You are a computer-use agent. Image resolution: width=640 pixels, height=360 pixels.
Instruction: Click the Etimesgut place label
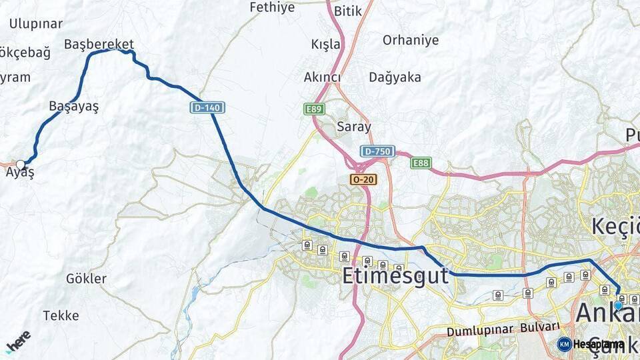pyautogui.click(x=395, y=275)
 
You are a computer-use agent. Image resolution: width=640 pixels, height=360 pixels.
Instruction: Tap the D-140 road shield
pyautogui.click(x=207, y=107)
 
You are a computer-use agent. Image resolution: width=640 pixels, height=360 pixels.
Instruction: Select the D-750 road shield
pyautogui.click(x=377, y=151)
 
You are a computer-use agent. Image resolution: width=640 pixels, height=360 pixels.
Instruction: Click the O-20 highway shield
pyautogui.click(x=363, y=179)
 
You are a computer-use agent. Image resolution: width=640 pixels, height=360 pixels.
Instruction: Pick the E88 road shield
pyautogui.click(x=421, y=163)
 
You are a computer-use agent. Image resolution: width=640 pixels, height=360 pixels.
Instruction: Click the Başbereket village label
pyautogui.click(x=99, y=45)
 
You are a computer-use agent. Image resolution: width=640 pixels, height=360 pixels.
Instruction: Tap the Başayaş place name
pyautogui.click(x=73, y=106)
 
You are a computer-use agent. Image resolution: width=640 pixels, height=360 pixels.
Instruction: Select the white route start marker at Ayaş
pyautogui.click(x=21, y=164)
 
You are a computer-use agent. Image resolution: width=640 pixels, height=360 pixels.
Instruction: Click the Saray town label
pyautogui.click(x=354, y=127)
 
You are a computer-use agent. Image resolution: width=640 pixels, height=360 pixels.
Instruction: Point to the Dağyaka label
pyautogui.click(x=395, y=77)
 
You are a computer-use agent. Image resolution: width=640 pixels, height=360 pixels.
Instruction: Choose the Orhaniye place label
pyautogui.click(x=411, y=40)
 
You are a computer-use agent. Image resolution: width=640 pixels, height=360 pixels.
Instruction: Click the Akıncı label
pyautogui.click(x=322, y=77)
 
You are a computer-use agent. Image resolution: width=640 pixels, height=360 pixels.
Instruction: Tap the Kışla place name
pyautogui.click(x=325, y=45)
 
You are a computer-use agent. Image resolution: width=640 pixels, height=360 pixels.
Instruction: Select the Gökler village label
pyautogui.click(x=86, y=279)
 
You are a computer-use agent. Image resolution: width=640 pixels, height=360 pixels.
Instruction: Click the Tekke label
pyautogui.click(x=61, y=315)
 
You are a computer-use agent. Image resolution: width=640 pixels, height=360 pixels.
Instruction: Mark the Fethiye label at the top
pyautogui.click(x=271, y=8)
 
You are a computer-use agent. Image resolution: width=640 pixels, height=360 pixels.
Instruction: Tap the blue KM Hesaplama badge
pyautogui.click(x=591, y=344)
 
